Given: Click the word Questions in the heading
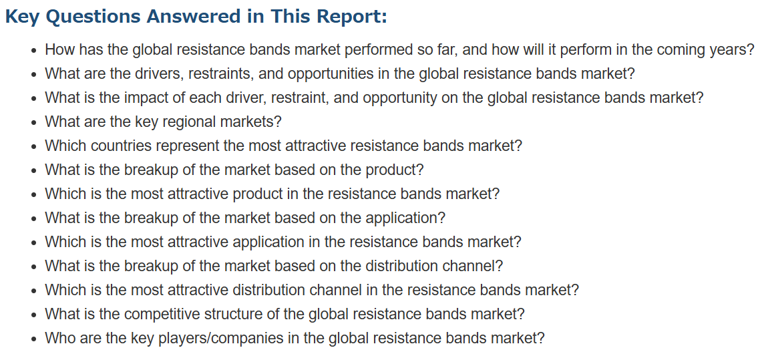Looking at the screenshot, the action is [98, 17].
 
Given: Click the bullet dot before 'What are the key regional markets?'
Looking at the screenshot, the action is [33, 123].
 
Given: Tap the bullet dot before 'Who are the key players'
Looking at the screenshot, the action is [33, 339].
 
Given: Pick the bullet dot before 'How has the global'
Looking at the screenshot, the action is [33, 50].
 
